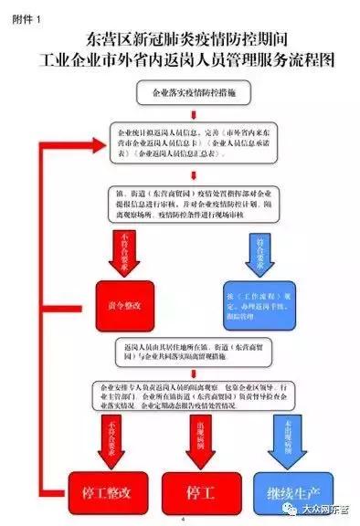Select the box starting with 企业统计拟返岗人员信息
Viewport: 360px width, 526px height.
191,143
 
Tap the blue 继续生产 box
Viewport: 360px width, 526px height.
285,493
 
